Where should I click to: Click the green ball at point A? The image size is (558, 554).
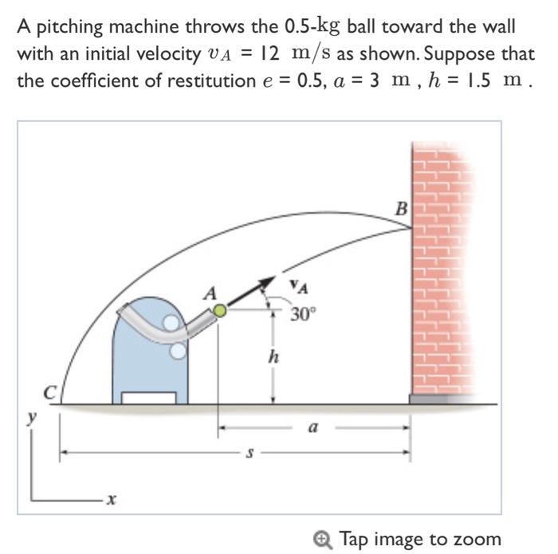(220, 311)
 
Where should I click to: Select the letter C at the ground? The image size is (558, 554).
(49, 391)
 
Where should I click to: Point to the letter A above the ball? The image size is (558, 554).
(210, 293)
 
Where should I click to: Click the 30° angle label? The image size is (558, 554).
(303, 313)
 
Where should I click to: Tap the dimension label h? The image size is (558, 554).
(273, 358)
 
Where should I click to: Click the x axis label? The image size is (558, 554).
(112, 500)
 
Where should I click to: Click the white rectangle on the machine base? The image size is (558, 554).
(148, 398)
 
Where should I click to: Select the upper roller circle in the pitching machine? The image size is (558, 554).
(171, 323)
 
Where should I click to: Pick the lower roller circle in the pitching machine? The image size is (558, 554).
(179, 349)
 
